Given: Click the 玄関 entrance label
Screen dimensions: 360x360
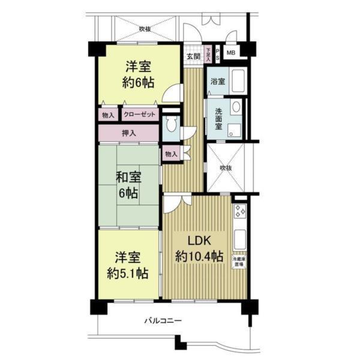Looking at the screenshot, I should [x=193, y=56].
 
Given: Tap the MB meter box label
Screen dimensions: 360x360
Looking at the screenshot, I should [x=231, y=53].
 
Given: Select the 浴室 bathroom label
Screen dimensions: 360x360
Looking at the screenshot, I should [x=218, y=82].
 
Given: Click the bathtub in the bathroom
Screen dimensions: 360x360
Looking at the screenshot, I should [x=239, y=81].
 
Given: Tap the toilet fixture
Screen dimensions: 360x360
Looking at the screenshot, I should [x=172, y=126].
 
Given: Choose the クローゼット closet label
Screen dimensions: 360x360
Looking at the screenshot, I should [x=140, y=114].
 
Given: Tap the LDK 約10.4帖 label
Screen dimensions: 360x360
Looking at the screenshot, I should [x=196, y=248].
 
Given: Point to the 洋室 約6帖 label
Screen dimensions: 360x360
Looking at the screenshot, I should [x=137, y=74].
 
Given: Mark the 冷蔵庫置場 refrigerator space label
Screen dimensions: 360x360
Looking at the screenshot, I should [x=239, y=260].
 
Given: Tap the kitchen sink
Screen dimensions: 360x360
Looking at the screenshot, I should [x=239, y=238].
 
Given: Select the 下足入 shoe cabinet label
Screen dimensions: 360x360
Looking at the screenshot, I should [x=208, y=53].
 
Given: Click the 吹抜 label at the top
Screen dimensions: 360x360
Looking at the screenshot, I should [x=145, y=28].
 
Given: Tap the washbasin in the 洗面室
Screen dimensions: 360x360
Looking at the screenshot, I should [x=236, y=107].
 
